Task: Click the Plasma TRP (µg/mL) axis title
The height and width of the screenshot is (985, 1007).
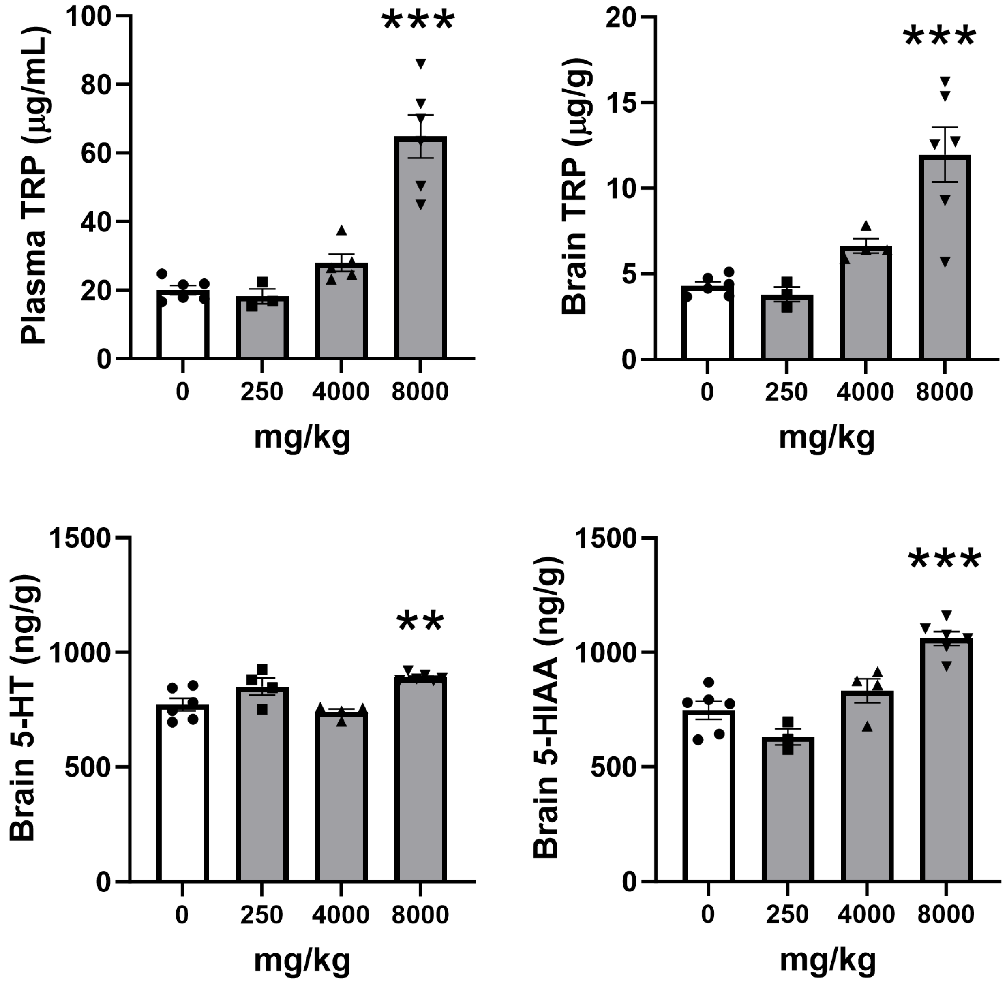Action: coord(34,186)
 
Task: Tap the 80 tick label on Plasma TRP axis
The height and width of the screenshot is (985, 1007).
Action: coord(97,84)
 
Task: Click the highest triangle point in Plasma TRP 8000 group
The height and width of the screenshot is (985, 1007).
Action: coord(421,64)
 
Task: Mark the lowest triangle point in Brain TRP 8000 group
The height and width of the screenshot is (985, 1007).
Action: coord(945,262)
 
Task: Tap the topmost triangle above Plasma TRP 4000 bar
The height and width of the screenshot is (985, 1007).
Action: coord(341,230)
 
